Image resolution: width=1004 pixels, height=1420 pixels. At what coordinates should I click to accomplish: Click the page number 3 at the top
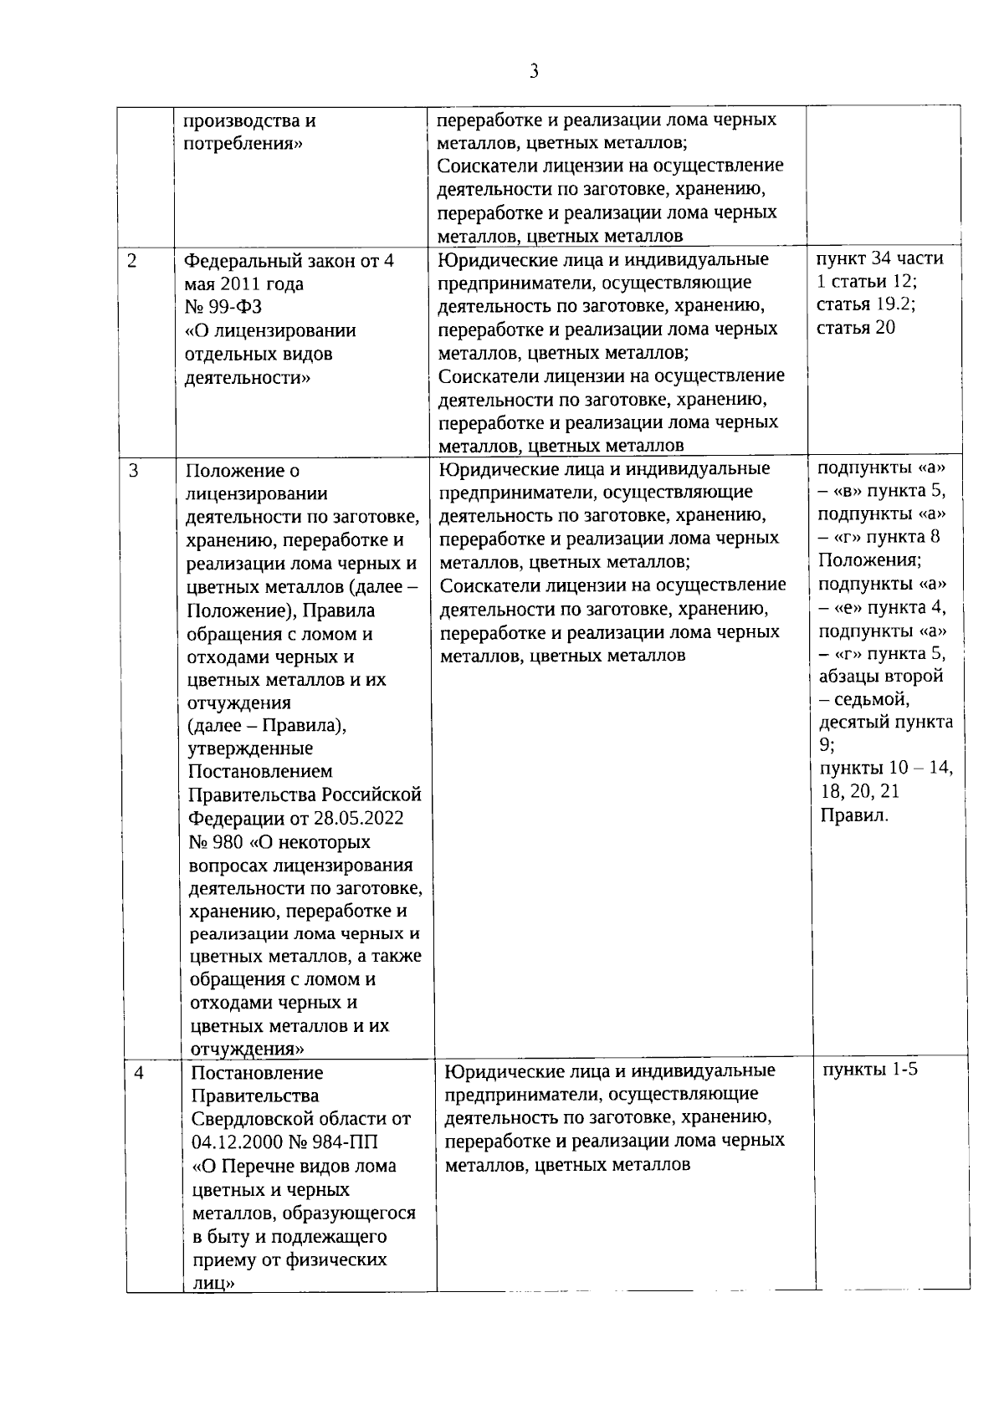tap(534, 72)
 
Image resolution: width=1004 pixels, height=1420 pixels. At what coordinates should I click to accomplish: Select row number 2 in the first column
tap(132, 260)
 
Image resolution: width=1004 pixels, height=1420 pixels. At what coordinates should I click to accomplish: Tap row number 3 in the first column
tap(134, 470)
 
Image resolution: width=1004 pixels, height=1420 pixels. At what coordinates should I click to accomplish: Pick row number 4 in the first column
tap(139, 1072)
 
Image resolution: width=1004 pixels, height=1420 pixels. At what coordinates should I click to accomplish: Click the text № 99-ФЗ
tap(223, 307)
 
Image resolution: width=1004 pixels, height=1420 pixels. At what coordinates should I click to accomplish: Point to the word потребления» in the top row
tap(243, 143)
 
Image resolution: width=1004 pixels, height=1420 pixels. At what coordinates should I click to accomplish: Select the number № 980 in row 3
tap(217, 841)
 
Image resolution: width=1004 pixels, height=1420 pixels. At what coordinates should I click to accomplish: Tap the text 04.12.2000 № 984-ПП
tap(285, 1142)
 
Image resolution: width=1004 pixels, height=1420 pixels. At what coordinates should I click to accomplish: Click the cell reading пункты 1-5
tap(870, 1069)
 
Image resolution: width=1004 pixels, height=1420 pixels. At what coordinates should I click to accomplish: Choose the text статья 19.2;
tap(866, 304)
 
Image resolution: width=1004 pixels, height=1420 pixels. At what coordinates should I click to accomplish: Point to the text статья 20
tap(855, 327)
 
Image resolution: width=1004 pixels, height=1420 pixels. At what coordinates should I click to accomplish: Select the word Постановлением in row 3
tap(260, 771)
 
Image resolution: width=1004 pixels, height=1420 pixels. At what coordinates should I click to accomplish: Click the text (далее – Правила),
tap(267, 725)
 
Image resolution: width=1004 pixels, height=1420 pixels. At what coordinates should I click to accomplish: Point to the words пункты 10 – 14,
tap(885, 768)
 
